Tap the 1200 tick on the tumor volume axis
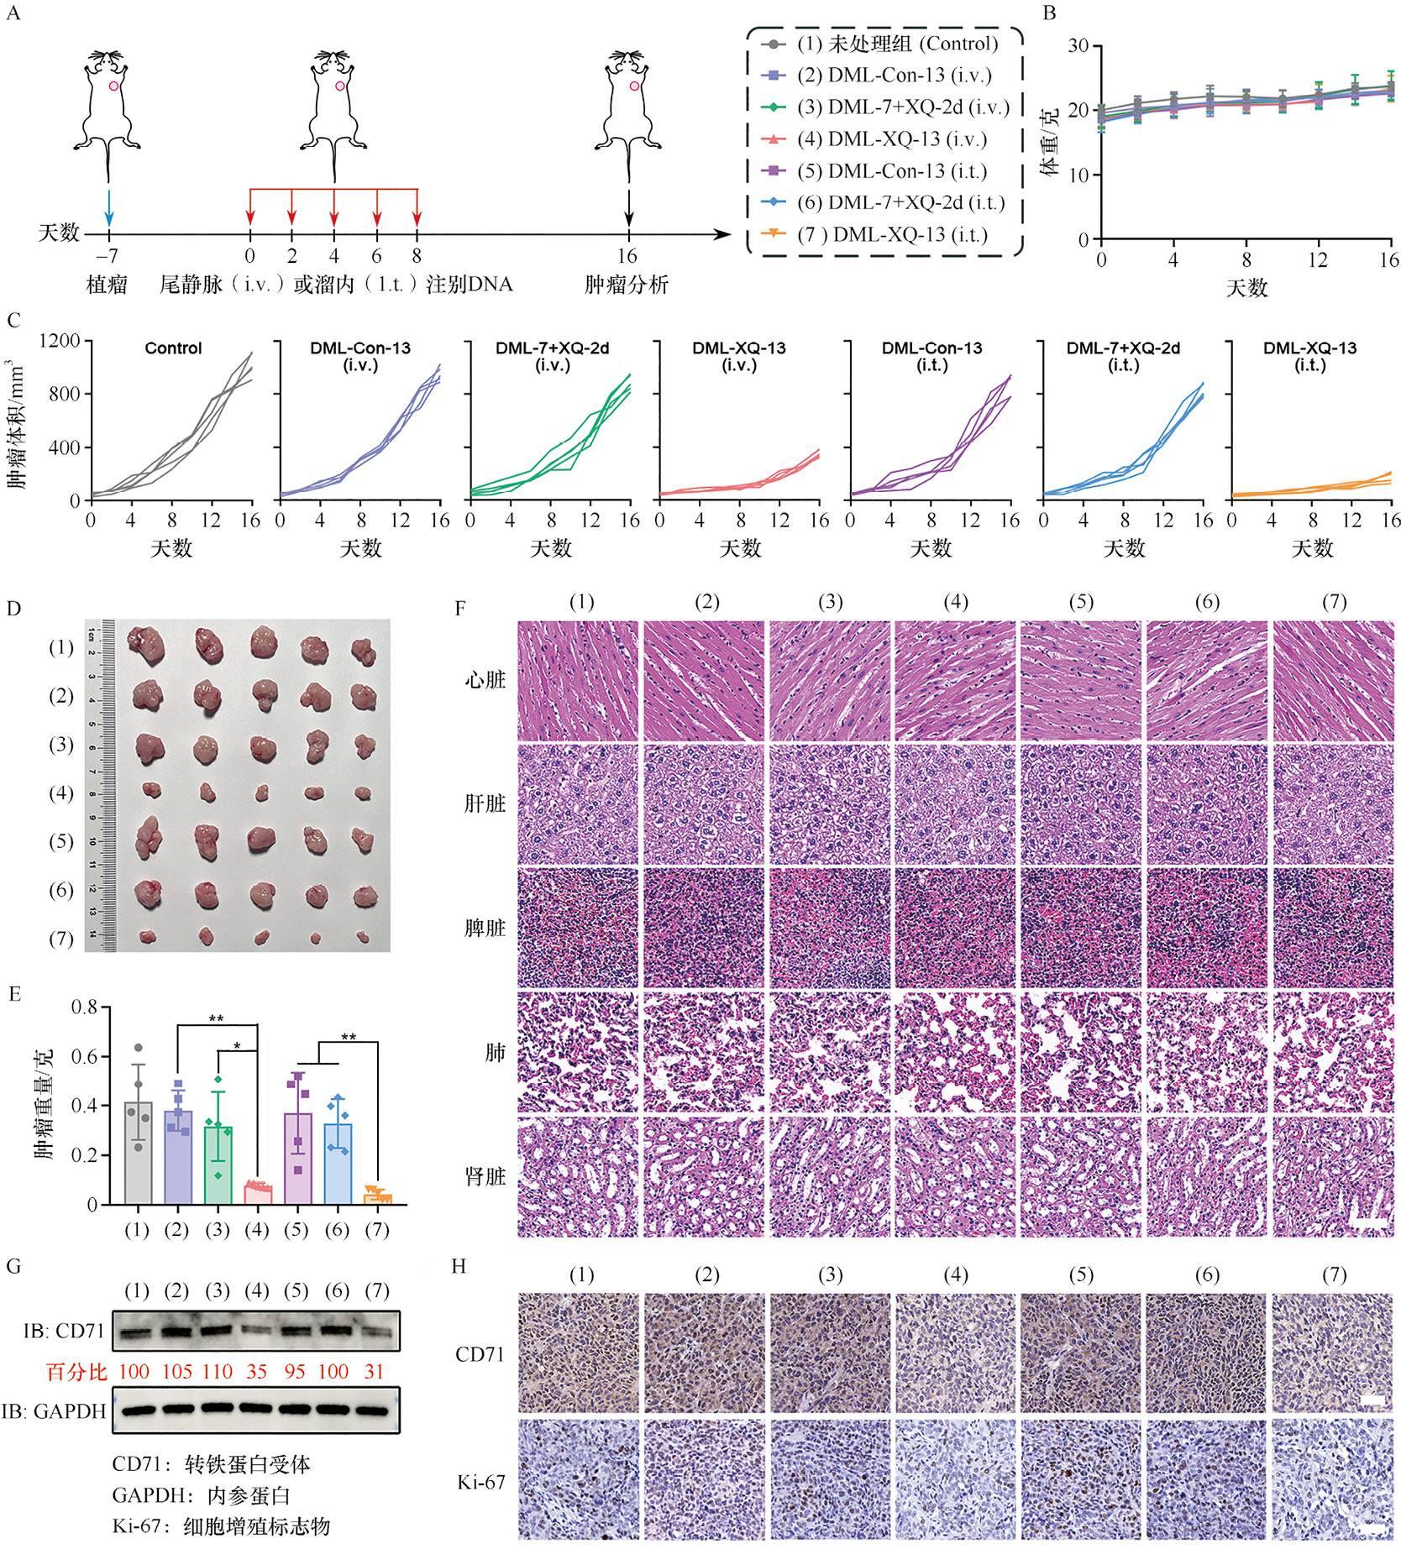pyautogui.click(x=60, y=341)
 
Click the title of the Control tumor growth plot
pyautogui.click(x=173, y=348)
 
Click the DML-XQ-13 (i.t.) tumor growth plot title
pyautogui.click(x=1309, y=356)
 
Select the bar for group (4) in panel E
pyautogui.click(x=257, y=1193)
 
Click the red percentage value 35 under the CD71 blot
pyautogui.click(x=256, y=1372)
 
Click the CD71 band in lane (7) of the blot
pyautogui.click(x=376, y=1332)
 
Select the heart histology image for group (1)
pyautogui.click(x=578, y=680)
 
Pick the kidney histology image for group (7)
pyautogui.click(x=1333, y=1176)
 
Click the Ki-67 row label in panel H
pyautogui.click(x=480, y=1483)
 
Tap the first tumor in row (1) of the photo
pyautogui.click(x=145, y=645)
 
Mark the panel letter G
pyautogui.click(x=13, y=1266)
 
